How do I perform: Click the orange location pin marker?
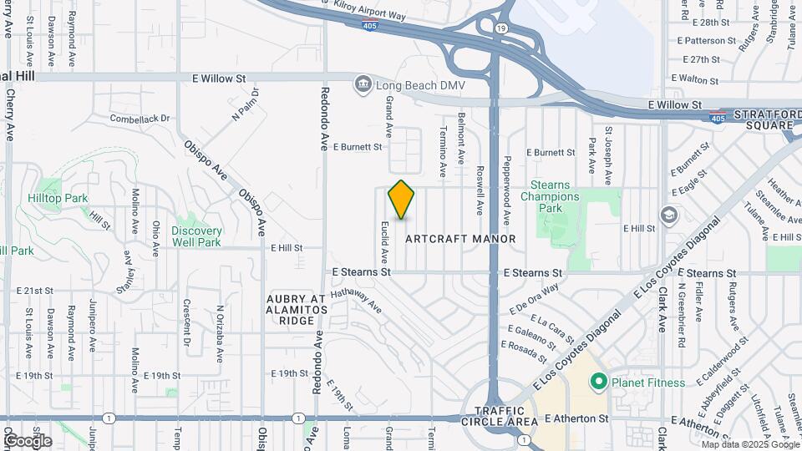[x=401, y=200]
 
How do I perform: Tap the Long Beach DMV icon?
[x=363, y=84]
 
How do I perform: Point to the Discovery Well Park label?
[x=197, y=236]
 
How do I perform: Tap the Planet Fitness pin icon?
[x=597, y=383]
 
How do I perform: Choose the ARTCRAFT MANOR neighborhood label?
[x=460, y=239]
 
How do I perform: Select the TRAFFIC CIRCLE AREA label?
[x=499, y=416]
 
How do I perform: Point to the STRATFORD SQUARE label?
[x=762, y=119]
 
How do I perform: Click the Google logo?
[x=28, y=440]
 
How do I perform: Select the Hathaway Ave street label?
[x=357, y=302]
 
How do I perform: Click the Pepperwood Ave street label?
[x=506, y=191]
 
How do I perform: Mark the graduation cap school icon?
[x=668, y=215]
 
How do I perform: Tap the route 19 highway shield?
[x=500, y=28]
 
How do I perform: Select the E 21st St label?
[x=34, y=291]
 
